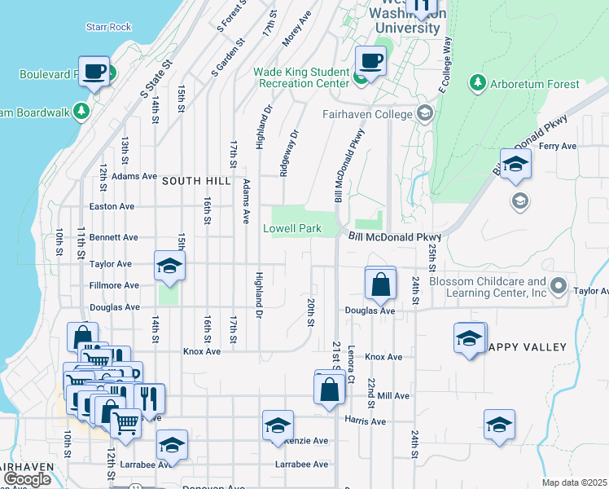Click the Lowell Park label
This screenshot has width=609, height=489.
click(x=291, y=229)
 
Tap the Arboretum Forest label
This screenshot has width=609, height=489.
click(x=534, y=84)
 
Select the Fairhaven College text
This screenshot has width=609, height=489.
click(x=367, y=114)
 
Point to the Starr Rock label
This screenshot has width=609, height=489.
click(x=108, y=27)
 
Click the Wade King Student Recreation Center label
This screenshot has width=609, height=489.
click(x=300, y=77)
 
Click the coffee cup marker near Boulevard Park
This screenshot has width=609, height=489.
click(x=94, y=70)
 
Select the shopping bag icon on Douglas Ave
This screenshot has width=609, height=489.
click(x=380, y=285)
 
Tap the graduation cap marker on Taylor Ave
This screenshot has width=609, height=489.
click(x=170, y=266)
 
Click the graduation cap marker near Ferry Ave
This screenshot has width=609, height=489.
click(x=515, y=165)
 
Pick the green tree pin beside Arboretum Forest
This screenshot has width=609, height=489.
click(x=476, y=83)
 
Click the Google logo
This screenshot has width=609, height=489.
click(x=26, y=479)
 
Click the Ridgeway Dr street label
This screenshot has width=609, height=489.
click(x=288, y=153)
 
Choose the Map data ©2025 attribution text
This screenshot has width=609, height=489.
click(x=574, y=482)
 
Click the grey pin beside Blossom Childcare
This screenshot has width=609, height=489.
click(x=558, y=286)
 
